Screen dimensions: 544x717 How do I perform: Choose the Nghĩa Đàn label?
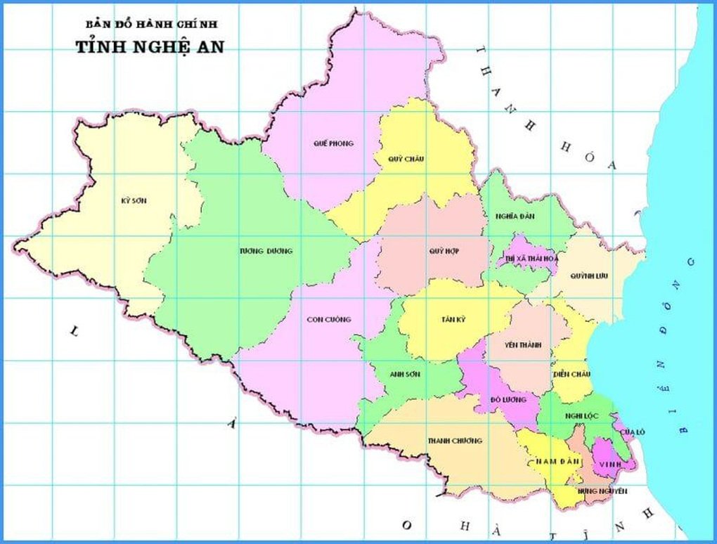coord(515,216)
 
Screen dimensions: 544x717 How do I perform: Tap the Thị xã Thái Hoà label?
coord(530,259)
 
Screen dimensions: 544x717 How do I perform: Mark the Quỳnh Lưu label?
coord(589,275)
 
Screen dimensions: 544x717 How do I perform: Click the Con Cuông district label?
coord(328,319)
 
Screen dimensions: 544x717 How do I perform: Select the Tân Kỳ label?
coord(453,319)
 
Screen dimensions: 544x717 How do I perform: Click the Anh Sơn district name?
coord(405,374)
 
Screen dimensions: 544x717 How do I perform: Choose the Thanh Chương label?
coord(455,441)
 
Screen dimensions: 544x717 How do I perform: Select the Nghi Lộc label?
coord(581,415)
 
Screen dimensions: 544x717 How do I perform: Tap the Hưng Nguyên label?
coord(602,491)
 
